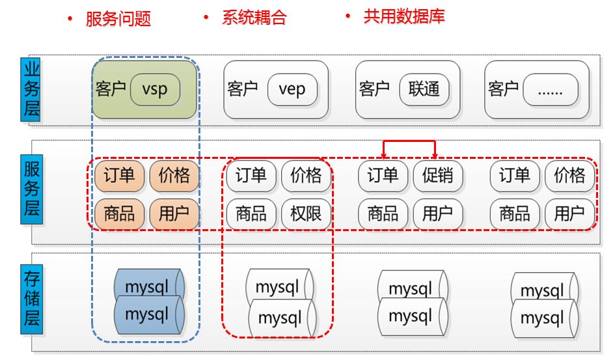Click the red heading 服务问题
118,19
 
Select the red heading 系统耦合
254,18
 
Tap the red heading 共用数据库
403,17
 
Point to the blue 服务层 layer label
31,189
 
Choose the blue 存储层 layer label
31,299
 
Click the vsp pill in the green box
155,89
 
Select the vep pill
292,89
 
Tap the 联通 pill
424,89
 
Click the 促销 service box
438,176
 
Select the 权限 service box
306,214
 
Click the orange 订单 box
120,176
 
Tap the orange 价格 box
174,176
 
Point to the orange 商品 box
120,214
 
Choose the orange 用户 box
174,214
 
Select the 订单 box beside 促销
383,176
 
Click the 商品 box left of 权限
251,214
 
